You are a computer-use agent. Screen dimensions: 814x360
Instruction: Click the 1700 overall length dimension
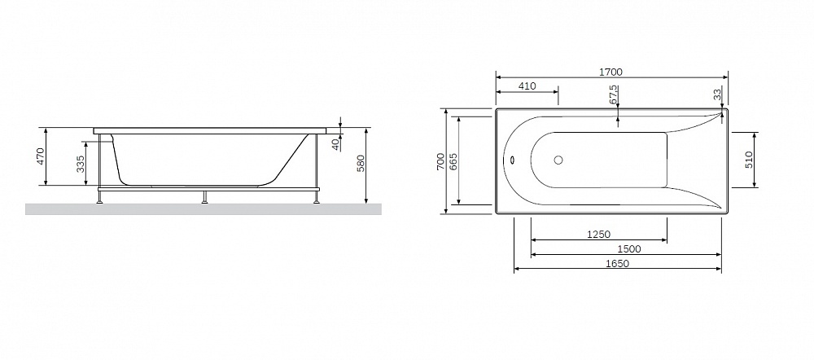(610, 72)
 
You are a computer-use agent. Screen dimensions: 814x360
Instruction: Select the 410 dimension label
(527, 86)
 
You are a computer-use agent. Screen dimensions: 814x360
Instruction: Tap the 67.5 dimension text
(613, 94)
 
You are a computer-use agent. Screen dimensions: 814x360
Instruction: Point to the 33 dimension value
(717, 94)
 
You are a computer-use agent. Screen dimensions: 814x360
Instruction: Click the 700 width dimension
(440, 161)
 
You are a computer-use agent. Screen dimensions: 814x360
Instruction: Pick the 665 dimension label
(453, 161)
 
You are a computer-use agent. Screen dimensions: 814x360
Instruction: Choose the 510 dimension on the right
(749, 160)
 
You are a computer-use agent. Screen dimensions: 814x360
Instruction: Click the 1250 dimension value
(598, 235)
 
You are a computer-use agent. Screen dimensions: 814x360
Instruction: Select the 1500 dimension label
(629, 249)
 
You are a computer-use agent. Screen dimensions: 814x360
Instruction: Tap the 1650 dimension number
(617, 263)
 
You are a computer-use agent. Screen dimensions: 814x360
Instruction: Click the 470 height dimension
(41, 156)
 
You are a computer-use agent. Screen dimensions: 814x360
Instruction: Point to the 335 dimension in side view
(81, 164)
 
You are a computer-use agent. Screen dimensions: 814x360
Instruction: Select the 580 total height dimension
(361, 163)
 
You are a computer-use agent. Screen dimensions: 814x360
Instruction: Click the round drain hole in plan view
(558, 160)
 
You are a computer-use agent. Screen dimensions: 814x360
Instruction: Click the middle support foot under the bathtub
(205, 197)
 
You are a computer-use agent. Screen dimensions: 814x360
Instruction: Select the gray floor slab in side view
(203, 209)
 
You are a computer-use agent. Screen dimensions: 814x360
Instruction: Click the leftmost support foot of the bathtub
(99, 197)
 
